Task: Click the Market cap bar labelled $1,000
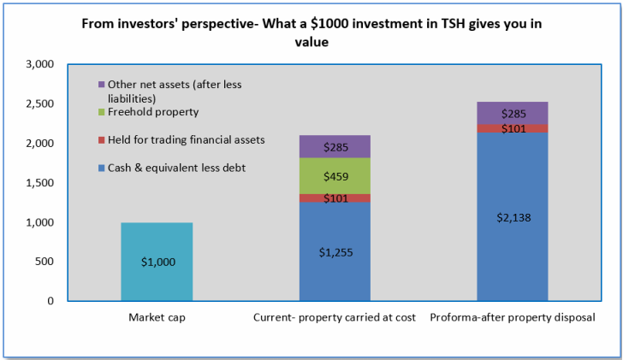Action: tap(157, 262)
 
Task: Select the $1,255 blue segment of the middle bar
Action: tap(335, 251)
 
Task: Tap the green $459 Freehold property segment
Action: tap(335, 176)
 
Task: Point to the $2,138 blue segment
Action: tap(512, 217)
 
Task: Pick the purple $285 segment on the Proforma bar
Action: tap(512, 113)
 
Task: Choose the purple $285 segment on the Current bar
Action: tap(335, 147)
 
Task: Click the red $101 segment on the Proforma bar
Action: tap(512, 129)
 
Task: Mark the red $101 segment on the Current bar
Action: tap(335, 198)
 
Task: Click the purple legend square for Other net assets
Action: tap(102, 85)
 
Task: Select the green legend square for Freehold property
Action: tap(102, 112)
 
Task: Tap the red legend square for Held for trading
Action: tap(102, 139)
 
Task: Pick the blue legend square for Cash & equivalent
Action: tap(102, 168)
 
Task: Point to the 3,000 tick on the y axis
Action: tap(40, 64)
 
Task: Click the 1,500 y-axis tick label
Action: tap(40, 183)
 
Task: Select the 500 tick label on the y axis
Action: tap(44, 262)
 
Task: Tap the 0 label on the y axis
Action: tap(50, 301)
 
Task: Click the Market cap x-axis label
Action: tap(157, 318)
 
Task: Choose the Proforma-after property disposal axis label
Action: tap(512, 318)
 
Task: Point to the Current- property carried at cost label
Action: tap(335, 318)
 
